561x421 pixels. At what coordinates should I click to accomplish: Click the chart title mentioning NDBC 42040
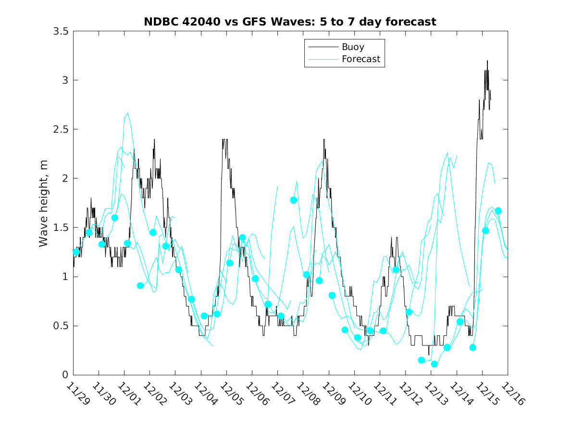[290, 22]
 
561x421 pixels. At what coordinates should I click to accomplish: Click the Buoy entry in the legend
[353, 47]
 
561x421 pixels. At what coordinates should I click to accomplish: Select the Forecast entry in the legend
[361, 59]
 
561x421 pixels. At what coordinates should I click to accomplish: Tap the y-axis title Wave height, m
[44, 203]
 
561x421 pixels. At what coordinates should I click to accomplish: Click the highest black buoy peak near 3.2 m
[487, 61]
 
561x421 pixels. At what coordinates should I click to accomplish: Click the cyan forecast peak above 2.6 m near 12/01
[127, 113]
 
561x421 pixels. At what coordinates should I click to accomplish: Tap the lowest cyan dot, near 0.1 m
[435, 364]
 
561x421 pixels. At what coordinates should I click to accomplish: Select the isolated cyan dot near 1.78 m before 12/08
[294, 200]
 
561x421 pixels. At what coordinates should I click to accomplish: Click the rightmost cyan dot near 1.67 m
[499, 211]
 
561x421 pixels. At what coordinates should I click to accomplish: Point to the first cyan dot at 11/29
[76, 252]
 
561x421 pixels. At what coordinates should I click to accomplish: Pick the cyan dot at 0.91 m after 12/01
[140, 285]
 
